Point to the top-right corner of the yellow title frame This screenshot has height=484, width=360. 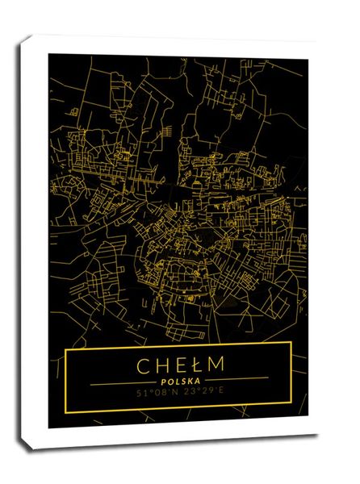click(291, 344)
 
